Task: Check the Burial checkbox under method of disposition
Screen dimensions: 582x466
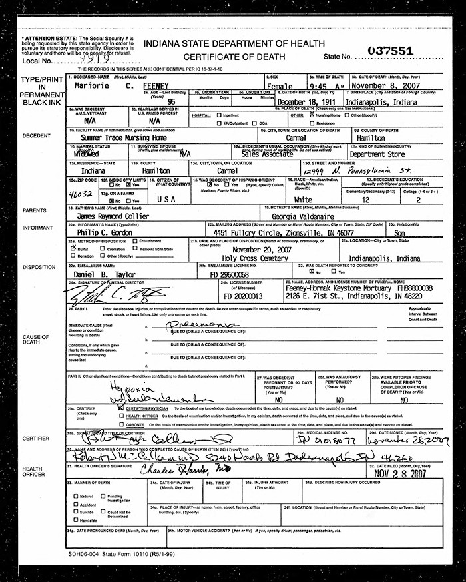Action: coord(73,248)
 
